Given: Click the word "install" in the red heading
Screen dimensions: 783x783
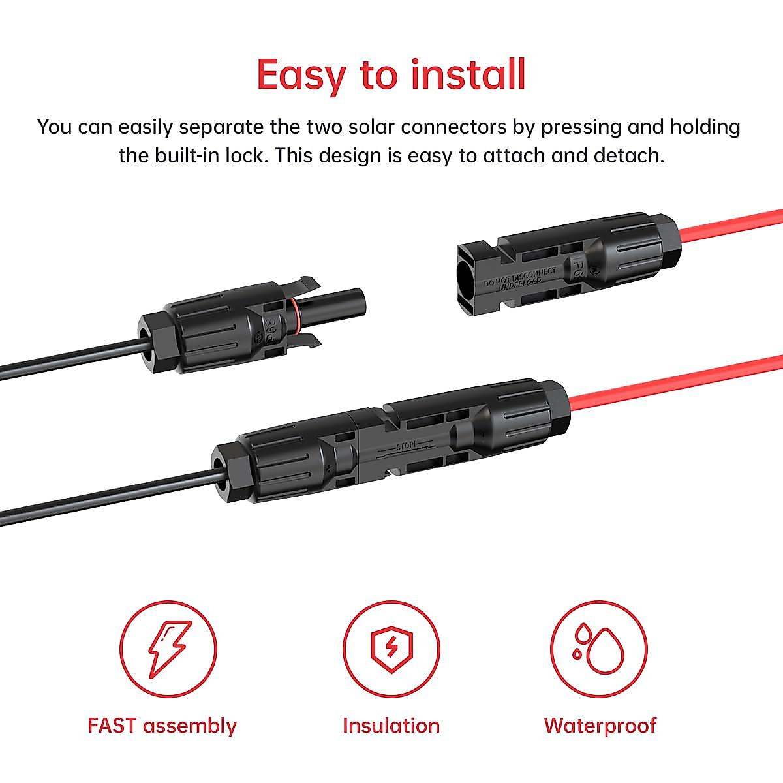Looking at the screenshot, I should (x=468, y=74).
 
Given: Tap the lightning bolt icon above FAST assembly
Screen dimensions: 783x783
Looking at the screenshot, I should (x=168, y=649).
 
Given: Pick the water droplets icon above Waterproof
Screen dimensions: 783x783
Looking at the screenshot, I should (x=599, y=649).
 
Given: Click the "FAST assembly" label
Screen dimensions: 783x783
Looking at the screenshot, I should (x=162, y=726).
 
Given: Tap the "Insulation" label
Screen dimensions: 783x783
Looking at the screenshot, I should (x=391, y=726).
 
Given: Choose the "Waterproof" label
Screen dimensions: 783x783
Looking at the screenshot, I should (x=600, y=726).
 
